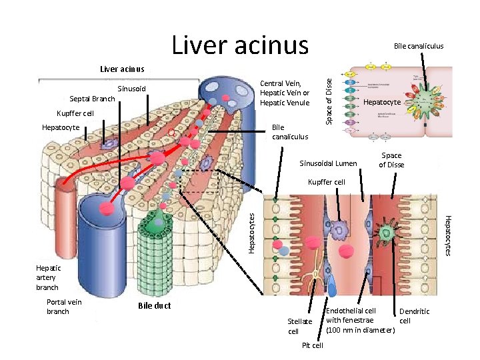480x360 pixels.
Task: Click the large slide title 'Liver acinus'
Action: [240, 45]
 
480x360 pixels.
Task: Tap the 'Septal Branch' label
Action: [91, 99]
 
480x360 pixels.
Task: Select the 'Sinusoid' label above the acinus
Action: [131, 89]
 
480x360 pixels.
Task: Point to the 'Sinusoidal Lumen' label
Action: [329, 163]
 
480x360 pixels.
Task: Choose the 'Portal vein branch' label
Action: [65, 307]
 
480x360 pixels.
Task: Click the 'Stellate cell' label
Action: [299, 326]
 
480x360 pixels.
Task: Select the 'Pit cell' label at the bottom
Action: [312, 345]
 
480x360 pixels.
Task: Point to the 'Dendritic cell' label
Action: [414, 316]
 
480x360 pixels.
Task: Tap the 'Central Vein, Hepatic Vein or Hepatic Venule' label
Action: [285, 93]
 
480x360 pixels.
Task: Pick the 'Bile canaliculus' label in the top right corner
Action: [419, 46]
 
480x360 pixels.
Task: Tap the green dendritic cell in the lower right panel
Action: [387, 233]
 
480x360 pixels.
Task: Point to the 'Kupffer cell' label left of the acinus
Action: [75, 113]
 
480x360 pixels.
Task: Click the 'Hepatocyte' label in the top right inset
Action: [381, 103]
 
